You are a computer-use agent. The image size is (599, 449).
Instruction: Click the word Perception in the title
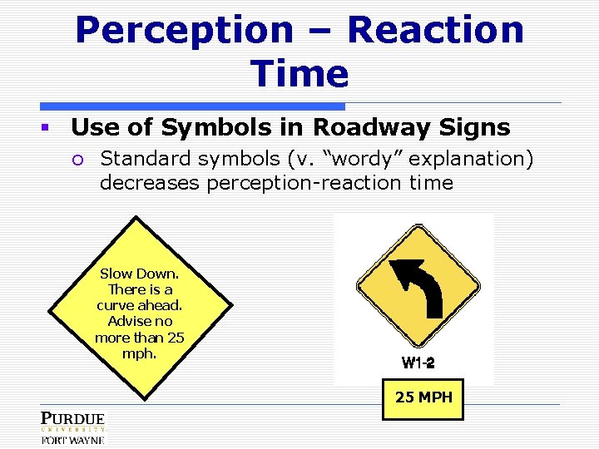pyautogui.click(x=183, y=31)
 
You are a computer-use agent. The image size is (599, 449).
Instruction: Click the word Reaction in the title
pyautogui.click(x=435, y=31)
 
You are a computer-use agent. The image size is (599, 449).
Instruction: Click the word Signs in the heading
pyautogui.click(x=478, y=127)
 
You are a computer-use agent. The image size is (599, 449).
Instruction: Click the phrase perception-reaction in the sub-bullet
pyautogui.click(x=304, y=183)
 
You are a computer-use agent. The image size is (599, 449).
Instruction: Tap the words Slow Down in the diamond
pyautogui.click(x=139, y=274)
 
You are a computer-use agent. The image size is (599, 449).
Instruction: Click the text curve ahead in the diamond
pyautogui.click(x=139, y=305)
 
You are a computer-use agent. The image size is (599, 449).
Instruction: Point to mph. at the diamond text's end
pyautogui.click(x=139, y=353)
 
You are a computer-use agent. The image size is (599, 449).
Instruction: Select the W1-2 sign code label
pyautogui.click(x=418, y=363)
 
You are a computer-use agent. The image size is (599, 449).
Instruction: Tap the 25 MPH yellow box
pyautogui.click(x=423, y=397)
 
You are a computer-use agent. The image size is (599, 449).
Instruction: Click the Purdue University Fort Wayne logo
pyautogui.click(x=72, y=427)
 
